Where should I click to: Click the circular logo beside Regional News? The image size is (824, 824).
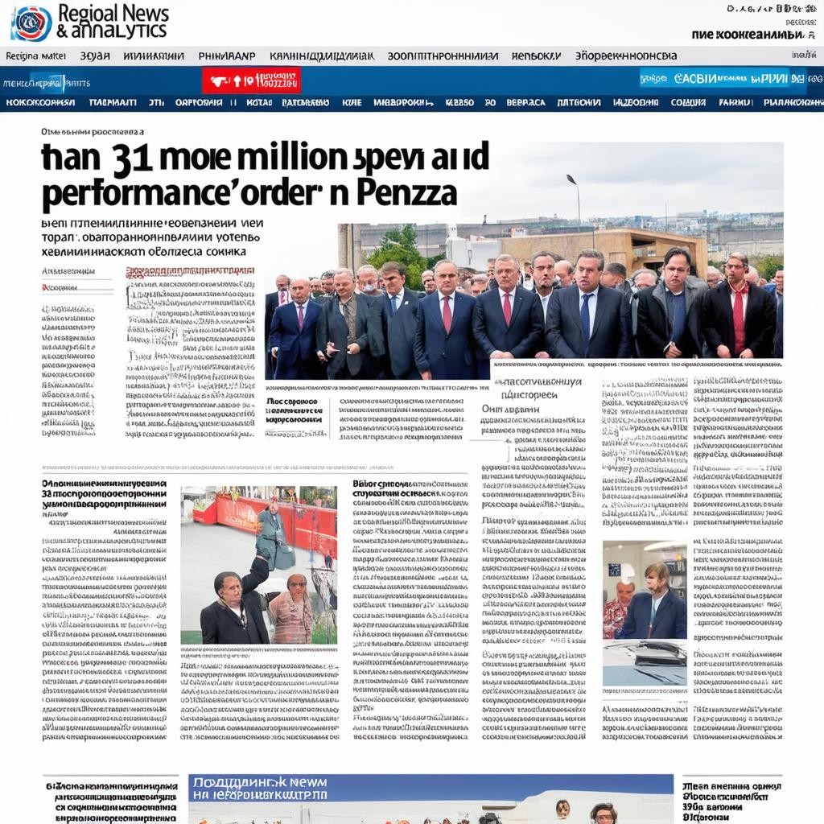click(31, 23)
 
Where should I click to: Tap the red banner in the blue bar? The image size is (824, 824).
click(251, 80)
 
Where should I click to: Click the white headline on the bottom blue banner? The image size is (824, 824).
click(257, 789)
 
